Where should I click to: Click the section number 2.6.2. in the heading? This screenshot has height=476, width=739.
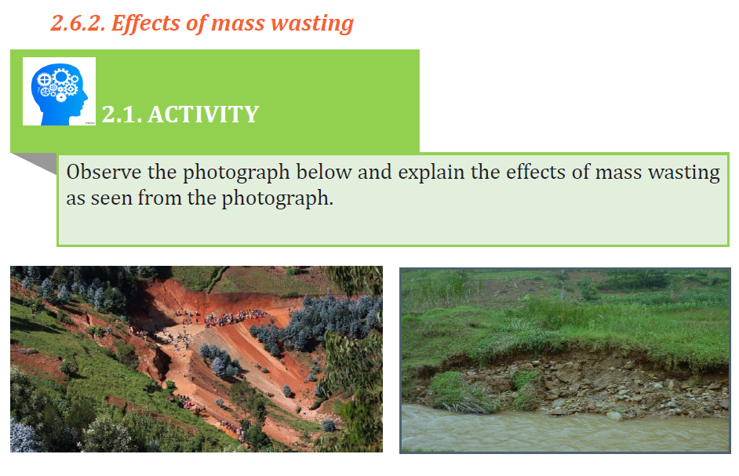[x=78, y=23]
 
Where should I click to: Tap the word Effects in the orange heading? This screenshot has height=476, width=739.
[x=146, y=24]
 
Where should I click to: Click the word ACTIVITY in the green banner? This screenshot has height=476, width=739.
[x=203, y=114]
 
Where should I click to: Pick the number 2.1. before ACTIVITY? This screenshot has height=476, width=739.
[x=122, y=114]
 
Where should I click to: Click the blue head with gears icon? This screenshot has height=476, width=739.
[x=59, y=92]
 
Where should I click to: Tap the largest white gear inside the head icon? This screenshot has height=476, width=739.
[x=61, y=75]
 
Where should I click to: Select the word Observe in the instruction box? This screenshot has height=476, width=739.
[x=104, y=172]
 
